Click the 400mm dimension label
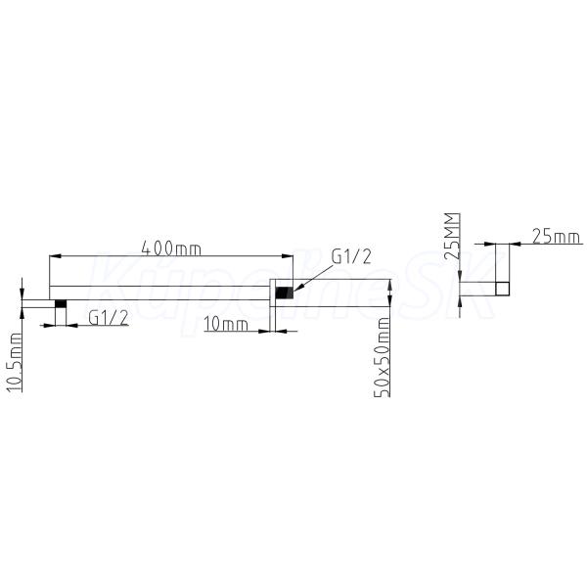click(x=171, y=248)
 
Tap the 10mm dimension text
click(x=226, y=325)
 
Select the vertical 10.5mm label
click(x=15, y=362)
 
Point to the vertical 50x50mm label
click(x=383, y=357)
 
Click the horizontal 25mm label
click(x=556, y=237)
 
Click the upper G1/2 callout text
click(x=351, y=256)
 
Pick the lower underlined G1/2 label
click(x=109, y=318)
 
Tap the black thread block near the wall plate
click(x=284, y=293)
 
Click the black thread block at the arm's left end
click(x=61, y=303)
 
